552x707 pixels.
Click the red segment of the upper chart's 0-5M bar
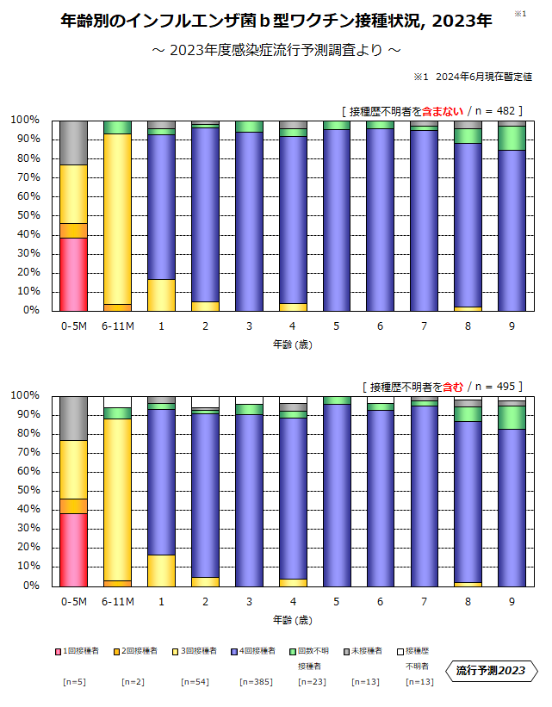pos(73,274)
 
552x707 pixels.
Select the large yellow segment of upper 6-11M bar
pos(117,219)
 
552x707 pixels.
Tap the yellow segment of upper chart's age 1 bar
pos(161,295)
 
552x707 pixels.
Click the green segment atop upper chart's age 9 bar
pos(512,138)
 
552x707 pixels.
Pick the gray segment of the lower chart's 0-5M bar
pos(73,418)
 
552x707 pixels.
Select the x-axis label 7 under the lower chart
pos(425,602)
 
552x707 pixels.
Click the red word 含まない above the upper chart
pos(443,110)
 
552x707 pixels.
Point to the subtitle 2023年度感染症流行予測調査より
pos(276,50)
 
